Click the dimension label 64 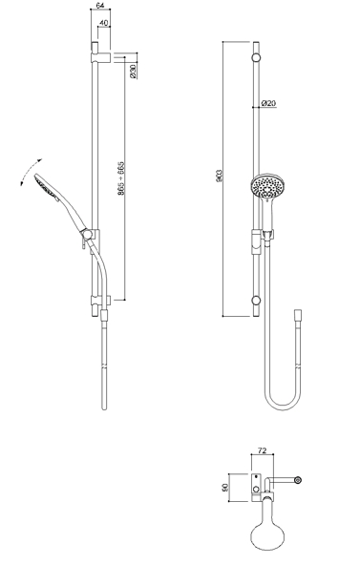[100, 5]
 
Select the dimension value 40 [104, 23]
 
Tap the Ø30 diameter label [133, 72]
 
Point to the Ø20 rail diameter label [269, 103]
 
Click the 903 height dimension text [220, 176]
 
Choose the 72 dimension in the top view [262, 450]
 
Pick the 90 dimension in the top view [225, 488]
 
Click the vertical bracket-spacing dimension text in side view [121, 178]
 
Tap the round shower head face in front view [267, 187]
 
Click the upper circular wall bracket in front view [256, 58]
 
